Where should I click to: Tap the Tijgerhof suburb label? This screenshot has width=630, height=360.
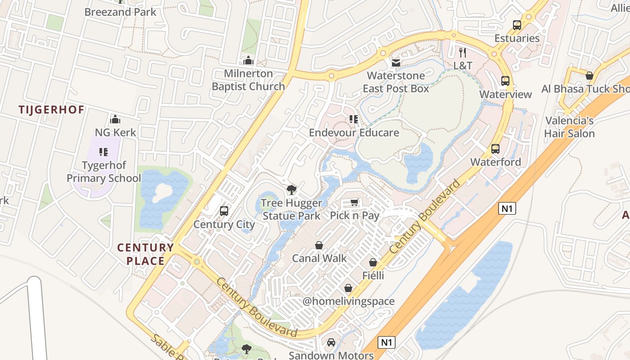pos(52,109)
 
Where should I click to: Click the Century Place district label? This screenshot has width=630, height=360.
pos(145,254)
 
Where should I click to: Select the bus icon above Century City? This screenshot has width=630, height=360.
pos(224,211)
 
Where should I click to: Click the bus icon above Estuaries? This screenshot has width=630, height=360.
pos(517,25)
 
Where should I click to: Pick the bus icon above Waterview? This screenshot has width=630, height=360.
pos(505,81)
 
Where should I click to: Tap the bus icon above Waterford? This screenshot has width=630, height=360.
pos(495,149)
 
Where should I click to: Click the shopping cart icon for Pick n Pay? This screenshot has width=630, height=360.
pos(355,202)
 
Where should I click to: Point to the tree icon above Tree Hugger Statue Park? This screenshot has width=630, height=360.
pos(292,190)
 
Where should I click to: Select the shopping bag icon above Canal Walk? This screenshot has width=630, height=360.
pos(319,245)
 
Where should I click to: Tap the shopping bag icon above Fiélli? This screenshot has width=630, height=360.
pos(373,262)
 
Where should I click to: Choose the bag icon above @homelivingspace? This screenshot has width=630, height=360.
pos(348,288)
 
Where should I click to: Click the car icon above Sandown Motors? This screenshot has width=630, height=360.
pos(331,342)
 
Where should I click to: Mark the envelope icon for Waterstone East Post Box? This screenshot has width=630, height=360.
pos(396,63)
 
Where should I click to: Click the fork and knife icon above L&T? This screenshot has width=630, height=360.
pos(463,53)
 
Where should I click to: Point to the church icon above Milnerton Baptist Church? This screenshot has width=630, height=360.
pos(248,60)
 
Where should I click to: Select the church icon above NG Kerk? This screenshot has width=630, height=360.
pos(115,119)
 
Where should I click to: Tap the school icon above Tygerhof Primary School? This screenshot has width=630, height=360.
pos(104,152)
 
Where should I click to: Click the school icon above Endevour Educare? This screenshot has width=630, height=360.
pos(354,119)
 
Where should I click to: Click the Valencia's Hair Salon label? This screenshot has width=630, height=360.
pos(569,127)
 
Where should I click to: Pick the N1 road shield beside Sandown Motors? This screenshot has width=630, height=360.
pos(387,342)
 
